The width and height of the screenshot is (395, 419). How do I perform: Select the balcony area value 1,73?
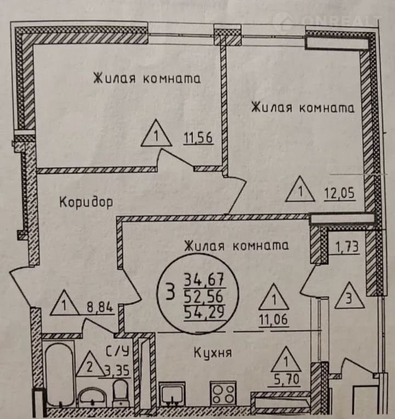[x=347, y=246]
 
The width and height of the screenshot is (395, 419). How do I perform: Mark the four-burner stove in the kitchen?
[x=223, y=392]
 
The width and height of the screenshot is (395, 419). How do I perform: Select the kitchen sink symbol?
[x=174, y=393]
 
